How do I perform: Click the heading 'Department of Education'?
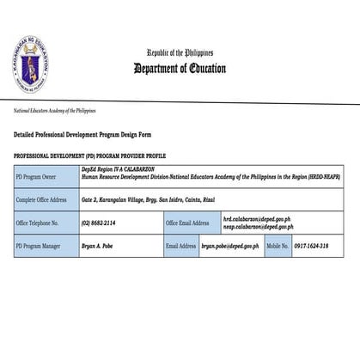pyautogui.click(x=180, y=70)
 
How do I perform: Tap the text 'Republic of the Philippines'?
pyautogui.click(x=180, y=53)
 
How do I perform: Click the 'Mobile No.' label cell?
pyautogui.click(x=277, y=246)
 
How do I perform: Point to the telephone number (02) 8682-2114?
pyautogui.click(x=98, y=223)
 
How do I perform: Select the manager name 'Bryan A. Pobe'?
pyautogui.click(x=97, y=246)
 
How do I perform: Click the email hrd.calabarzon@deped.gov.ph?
pyautogui.click(x=256, y=219)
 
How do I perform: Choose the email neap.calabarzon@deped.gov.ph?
pyautogui.click(x=257, y=227)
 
